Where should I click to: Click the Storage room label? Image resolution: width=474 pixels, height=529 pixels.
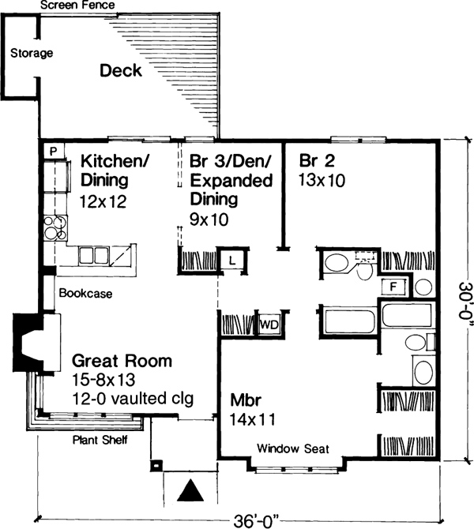pyautogui.click(x=32, y=54)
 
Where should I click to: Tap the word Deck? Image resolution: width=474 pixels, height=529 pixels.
pyautogui.click(x=121, y=71)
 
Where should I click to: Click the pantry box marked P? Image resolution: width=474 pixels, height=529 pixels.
pyautogui.click(x=52, y=150)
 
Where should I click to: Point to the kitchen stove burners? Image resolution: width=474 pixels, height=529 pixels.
pyautogui.click(x=56, y=228)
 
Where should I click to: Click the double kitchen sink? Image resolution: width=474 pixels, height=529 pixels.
pyautogui.click(x=94, y=254)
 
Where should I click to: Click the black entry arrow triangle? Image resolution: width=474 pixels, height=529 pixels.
pyautogui.click(x=189, y=492)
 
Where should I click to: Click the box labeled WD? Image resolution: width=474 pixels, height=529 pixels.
pyautogui.click(x=269, y=325)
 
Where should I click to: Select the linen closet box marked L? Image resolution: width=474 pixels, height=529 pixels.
pyautogui.click(x=232, y=260)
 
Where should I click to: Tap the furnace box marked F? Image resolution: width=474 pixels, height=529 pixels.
pyautogui.click(x=393, y=285)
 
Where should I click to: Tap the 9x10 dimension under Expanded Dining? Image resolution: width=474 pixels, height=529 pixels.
pyautogui.click(x=209, y=220)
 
